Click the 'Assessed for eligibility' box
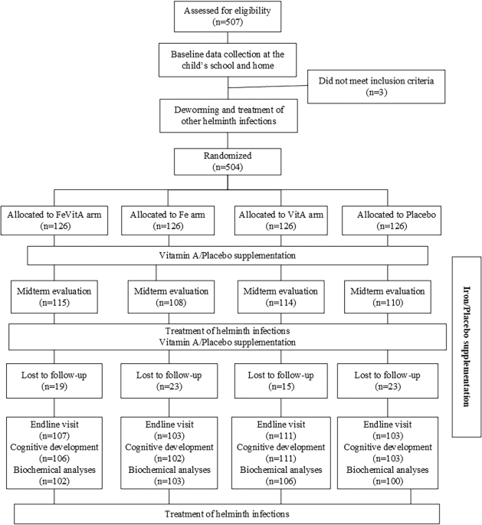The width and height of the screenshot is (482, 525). (x=226, y=17)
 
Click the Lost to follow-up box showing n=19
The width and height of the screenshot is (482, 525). (x=52, y=382)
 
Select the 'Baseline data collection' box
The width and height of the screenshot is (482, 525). (x=226, y=59)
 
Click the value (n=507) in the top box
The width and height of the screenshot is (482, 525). (x=226, y=23)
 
